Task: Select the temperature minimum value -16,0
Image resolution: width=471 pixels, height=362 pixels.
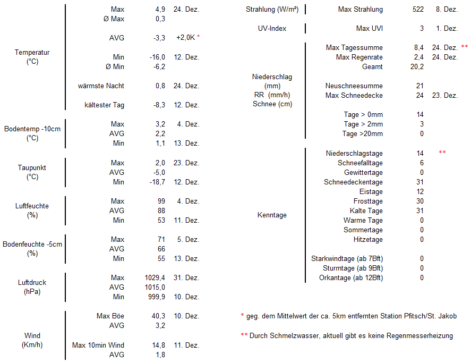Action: [157, 57]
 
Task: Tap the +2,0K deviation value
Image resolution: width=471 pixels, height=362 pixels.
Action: [186, 38]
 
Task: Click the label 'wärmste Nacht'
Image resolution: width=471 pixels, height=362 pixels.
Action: [101, 86]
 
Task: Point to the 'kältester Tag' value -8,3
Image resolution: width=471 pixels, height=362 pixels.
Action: [159, 105]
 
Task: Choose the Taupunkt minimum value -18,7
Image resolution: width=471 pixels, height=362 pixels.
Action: [157, 182]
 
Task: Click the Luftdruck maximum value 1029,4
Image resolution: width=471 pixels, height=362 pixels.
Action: [155, 277]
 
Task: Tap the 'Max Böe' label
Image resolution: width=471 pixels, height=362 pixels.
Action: [110, 316]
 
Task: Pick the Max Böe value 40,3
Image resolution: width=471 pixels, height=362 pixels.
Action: [158, 316]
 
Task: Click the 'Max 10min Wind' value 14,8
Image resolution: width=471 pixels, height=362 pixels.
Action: [158, 345]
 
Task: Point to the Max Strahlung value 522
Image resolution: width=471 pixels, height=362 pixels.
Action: [418, 10]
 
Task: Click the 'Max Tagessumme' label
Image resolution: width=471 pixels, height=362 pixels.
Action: [354, 48]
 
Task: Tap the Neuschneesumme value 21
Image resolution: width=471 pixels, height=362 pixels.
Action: [419, 86]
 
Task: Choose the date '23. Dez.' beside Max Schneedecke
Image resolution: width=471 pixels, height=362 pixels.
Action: [445, 95]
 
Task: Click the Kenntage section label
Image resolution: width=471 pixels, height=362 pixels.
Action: [272, 215]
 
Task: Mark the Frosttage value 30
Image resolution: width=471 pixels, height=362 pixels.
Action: [419, 201]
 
